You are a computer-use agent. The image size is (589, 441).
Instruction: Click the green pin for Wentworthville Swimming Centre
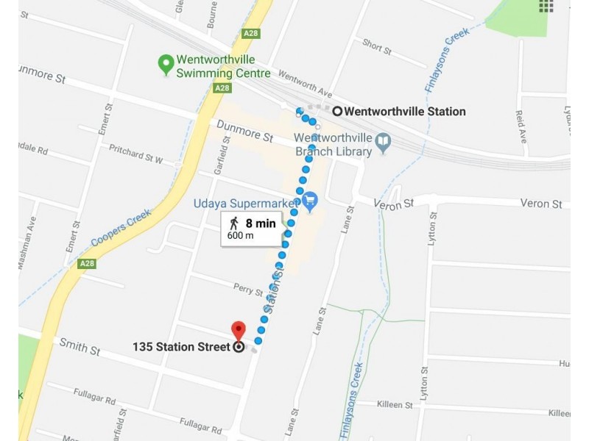[166, 64]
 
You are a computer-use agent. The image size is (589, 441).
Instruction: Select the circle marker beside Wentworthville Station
[337, 112]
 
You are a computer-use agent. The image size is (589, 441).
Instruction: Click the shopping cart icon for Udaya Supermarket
[310, 199]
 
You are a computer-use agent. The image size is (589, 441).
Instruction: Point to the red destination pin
[238, 331]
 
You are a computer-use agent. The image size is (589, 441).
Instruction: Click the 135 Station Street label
[181, 347]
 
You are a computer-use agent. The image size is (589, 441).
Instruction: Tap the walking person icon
[234, 222]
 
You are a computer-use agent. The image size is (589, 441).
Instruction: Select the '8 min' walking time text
[260, 222]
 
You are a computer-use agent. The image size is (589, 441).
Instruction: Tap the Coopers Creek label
[121, 228]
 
